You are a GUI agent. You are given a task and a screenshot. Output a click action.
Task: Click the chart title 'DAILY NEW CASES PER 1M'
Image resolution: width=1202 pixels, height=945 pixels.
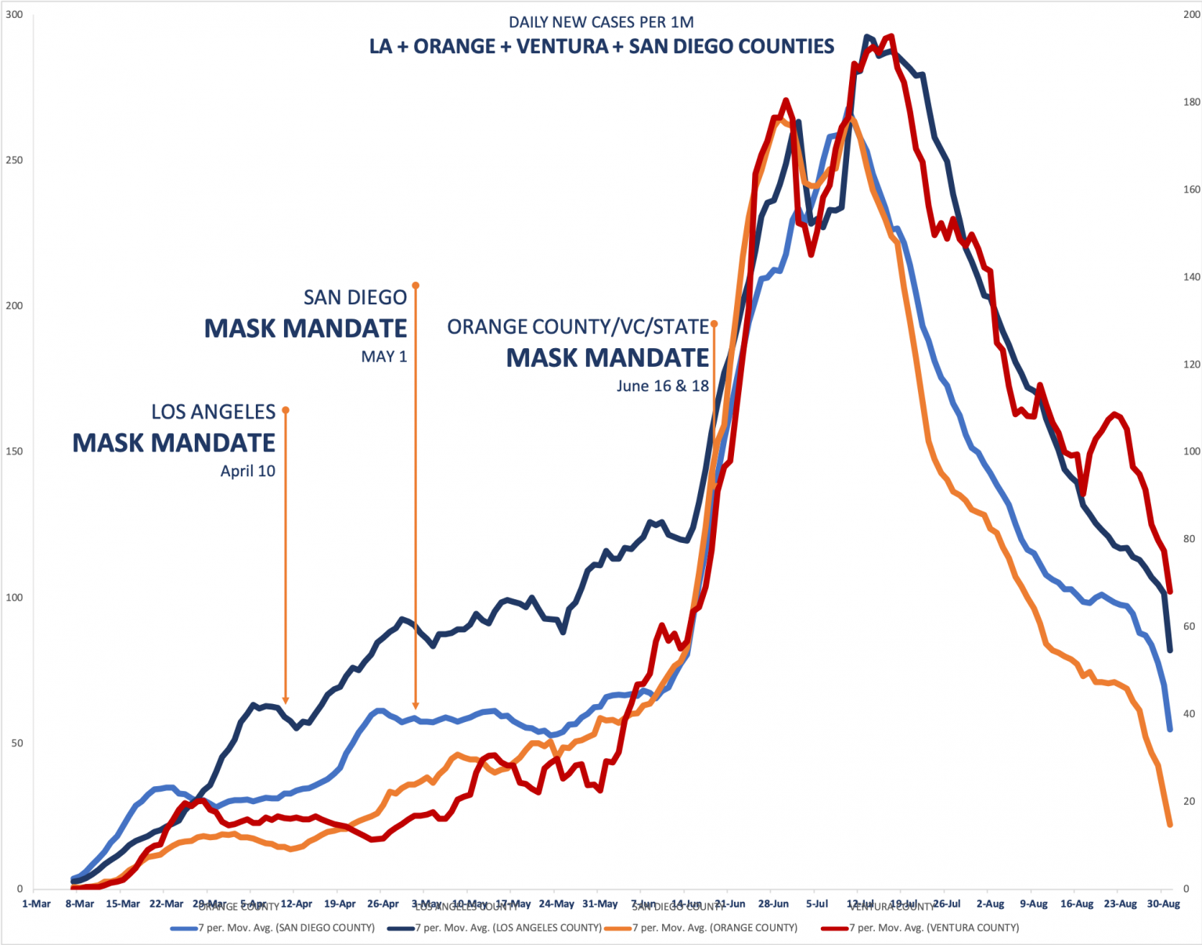click(x=601, y=22)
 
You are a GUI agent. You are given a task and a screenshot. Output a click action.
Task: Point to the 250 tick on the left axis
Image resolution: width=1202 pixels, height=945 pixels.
click(x=14, y=160)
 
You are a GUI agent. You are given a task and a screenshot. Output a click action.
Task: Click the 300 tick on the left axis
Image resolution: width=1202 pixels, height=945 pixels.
click(x=14, y=15)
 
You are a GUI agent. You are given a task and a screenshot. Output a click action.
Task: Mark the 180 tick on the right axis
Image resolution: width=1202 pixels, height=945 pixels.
click(x=1191, y=102)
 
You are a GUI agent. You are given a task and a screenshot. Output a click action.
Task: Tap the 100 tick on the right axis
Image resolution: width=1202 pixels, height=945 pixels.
click(x=1191, y=451)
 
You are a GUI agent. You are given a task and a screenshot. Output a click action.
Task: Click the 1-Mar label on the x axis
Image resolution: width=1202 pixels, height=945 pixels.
click(x=36, y=904)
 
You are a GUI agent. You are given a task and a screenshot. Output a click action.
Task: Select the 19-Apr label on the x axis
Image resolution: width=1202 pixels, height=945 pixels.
click(x=340, y=904)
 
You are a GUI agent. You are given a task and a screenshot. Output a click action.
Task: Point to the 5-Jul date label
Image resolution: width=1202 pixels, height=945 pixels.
click(x=817, y=904)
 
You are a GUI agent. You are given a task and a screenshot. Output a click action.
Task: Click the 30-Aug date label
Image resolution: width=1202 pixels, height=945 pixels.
click(x=1164, y=904)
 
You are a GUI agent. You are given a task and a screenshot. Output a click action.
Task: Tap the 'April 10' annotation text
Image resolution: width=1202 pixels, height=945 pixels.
click(x=247, y=471)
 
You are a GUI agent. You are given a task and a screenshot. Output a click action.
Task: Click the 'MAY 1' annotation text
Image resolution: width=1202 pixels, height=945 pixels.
click(x=383, y=357)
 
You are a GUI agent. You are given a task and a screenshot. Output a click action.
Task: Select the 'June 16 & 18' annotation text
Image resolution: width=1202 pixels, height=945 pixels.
click(x=662, y=386)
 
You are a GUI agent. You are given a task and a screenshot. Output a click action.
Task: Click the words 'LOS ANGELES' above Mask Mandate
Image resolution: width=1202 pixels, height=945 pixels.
click(x=213, y=412)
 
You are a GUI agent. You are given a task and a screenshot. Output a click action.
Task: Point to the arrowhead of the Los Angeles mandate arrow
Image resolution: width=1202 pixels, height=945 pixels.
click(x=286, y=700)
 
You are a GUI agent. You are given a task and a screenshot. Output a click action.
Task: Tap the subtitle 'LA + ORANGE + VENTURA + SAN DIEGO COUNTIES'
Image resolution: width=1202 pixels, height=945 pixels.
click(x=601, y=47)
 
